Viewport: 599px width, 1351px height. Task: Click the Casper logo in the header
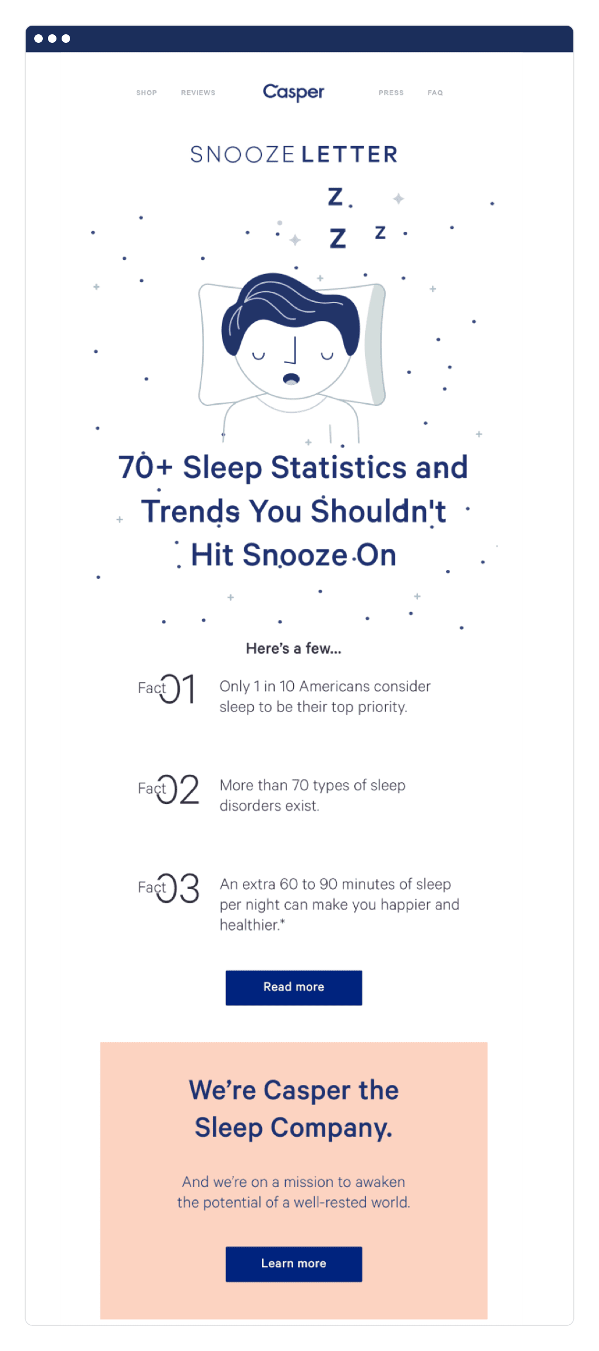293,92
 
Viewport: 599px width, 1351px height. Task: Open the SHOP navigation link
147,93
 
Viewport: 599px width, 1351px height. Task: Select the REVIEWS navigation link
198,93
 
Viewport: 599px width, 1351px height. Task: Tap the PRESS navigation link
391,93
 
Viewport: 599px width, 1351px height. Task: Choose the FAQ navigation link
435,93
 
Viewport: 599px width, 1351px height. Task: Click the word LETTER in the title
349,154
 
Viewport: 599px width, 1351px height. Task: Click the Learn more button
294,1264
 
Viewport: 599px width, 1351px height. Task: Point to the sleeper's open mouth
292,378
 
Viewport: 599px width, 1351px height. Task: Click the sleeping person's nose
292,350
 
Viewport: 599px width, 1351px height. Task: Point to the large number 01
177,689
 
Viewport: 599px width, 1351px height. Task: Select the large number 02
178,789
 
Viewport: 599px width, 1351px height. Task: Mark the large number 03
178,888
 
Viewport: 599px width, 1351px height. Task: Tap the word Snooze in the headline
295,555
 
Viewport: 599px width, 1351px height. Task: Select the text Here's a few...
293,648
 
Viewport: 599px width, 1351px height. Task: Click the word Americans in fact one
334,686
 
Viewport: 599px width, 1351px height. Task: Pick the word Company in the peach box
331,1128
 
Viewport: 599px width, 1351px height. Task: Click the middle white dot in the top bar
52,39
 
